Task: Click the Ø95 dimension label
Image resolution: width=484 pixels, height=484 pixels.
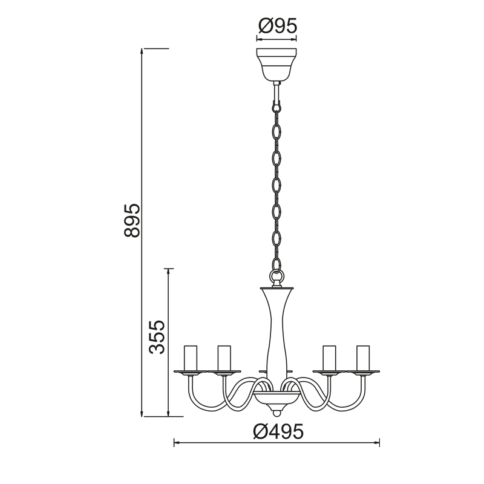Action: [277, 25]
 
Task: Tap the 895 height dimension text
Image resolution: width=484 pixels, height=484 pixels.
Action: [132, 220]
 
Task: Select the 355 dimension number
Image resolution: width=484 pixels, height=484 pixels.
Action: [157, 337]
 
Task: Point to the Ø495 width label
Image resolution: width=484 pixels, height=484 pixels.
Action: [278, 431]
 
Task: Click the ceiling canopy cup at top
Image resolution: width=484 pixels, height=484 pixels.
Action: [276, 64]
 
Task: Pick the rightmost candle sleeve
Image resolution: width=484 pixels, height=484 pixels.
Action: [363, 358]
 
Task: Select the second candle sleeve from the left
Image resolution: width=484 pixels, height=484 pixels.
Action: [224, 358]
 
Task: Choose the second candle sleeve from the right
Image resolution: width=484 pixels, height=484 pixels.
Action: [329, 358]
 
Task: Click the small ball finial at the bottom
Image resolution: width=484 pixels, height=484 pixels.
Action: [276, 412]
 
